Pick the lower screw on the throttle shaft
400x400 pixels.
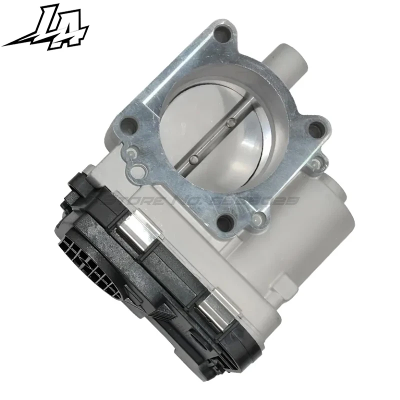coord(192,159)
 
